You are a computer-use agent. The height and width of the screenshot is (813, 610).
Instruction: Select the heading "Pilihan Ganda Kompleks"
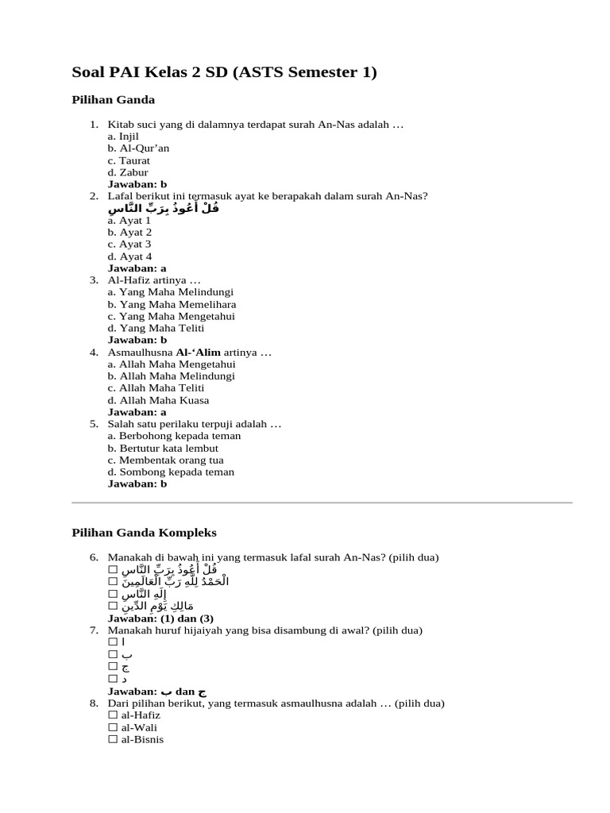click(144, 532)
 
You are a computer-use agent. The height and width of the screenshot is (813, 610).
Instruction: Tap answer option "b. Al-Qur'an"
click(138, 148)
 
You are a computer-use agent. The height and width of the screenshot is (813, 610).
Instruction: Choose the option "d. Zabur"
click(128, 172)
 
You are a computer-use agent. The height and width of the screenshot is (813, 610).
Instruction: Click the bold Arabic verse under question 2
click(164, 209)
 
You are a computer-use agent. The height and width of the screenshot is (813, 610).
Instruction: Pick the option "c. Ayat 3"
click(129, 245)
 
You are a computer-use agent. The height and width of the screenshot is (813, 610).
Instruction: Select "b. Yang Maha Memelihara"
click(172, 304)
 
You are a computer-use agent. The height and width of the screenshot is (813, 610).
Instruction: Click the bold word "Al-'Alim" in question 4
click(198, 353)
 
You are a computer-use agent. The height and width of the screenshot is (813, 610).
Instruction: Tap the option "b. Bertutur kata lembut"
click(163, 448)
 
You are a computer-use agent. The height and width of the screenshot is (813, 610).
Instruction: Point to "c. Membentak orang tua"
click(166, 460)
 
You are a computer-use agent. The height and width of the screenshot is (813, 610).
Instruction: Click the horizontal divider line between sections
click(322, 503)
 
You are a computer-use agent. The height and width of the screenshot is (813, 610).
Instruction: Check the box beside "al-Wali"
click(113, 727)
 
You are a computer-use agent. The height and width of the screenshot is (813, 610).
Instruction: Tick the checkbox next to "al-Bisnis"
click(113, 739)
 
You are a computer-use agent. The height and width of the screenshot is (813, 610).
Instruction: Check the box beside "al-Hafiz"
click(113, 715)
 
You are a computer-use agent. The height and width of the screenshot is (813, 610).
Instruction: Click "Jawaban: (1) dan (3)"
click(160, 618)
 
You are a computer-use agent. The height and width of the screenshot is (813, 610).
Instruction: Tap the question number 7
click(94, 630)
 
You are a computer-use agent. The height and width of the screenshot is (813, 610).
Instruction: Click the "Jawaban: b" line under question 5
click(137, 484)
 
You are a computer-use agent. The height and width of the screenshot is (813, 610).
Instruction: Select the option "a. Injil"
click(123, 137)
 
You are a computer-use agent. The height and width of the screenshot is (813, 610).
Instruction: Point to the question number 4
click(94, 353)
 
